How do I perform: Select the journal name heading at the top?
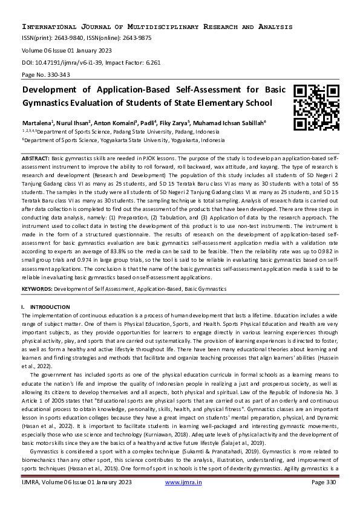[x=157, y=27]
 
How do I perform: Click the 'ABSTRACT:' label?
[x=36, y=157]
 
